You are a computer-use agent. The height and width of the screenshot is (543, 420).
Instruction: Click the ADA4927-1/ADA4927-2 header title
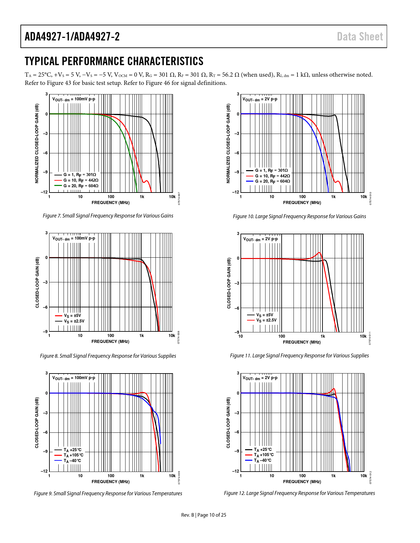72,37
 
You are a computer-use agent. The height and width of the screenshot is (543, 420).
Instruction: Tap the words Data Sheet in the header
360,37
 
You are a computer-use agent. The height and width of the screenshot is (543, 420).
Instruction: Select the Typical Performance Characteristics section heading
114,61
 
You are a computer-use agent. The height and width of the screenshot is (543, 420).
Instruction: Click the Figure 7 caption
108,216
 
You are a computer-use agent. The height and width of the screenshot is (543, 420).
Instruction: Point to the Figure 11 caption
299,355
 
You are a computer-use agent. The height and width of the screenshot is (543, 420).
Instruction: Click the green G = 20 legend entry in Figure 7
81,186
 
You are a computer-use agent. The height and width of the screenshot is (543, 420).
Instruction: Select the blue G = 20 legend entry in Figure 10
272,181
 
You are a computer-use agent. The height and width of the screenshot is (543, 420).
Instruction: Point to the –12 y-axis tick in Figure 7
44,192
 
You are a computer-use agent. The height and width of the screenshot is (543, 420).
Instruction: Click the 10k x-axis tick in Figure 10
363,197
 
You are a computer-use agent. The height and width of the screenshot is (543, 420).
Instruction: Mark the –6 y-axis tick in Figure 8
45,307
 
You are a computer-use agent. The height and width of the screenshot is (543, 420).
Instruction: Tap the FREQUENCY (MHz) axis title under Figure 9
110,481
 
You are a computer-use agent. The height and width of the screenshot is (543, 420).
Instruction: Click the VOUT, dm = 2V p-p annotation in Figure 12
260,378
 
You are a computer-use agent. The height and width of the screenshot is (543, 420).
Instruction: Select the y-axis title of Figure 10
228,143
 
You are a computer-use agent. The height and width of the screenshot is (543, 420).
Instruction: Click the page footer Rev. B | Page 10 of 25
204,515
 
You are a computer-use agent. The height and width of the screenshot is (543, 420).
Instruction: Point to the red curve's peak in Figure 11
319,252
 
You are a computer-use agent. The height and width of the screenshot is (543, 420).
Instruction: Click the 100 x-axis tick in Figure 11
282,336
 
